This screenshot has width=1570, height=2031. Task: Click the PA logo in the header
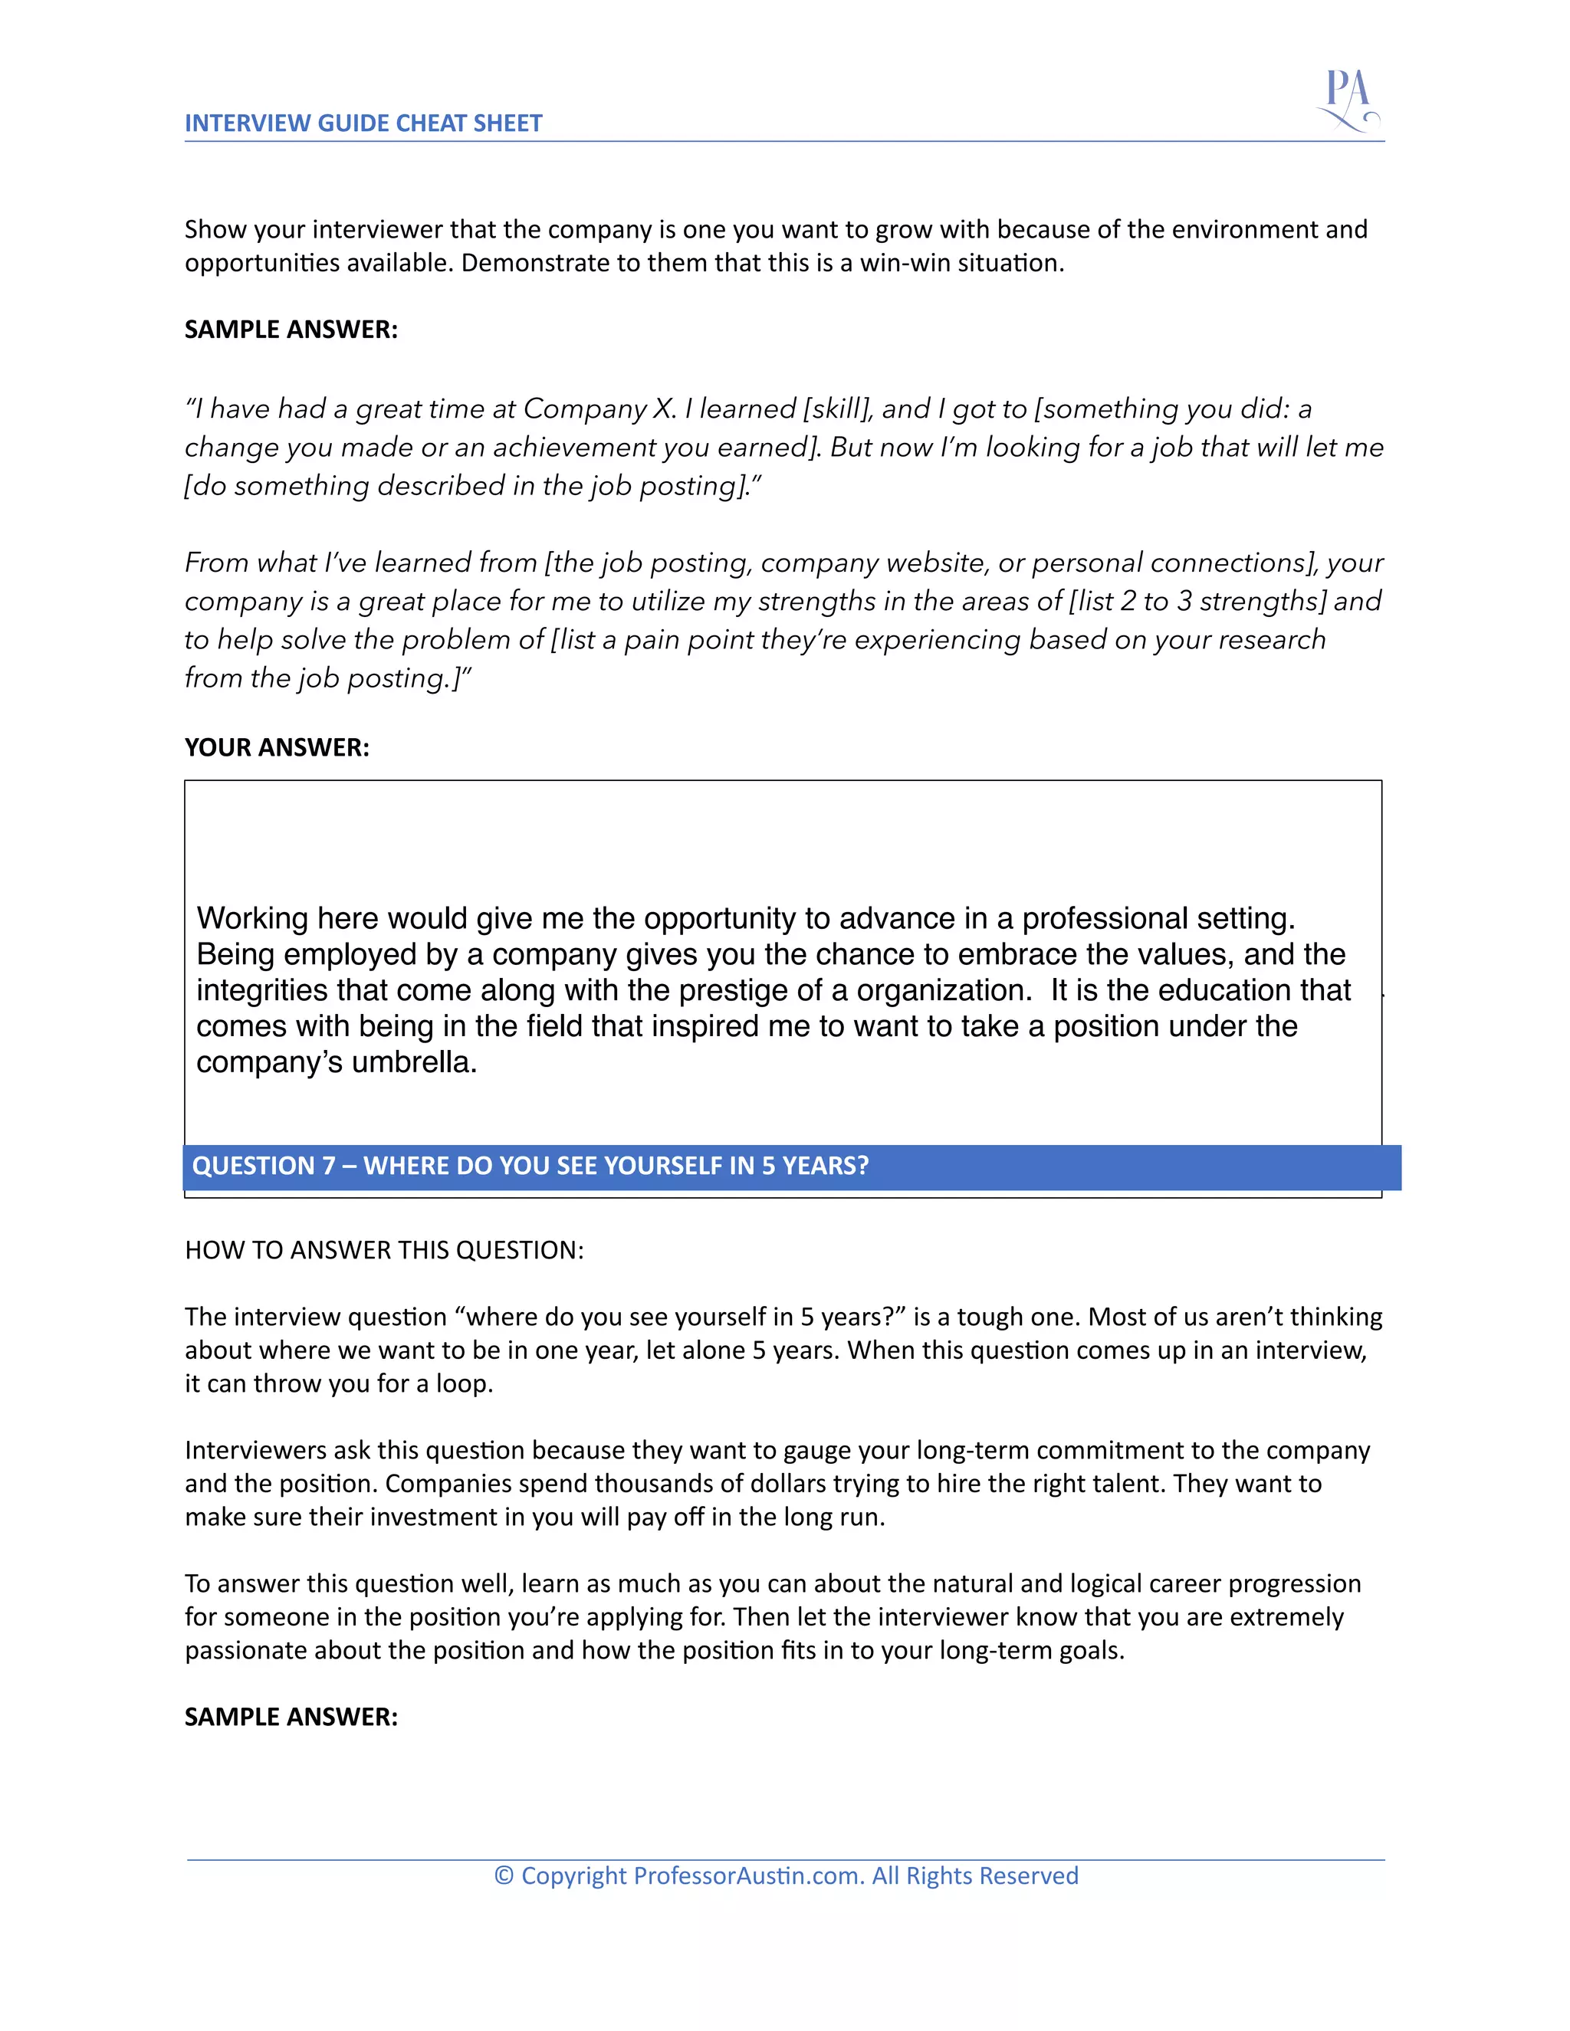[x=1348, y=100]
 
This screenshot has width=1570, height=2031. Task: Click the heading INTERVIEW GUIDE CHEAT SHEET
[x=363, y=123]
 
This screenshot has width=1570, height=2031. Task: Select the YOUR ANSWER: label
[x=276, y=748]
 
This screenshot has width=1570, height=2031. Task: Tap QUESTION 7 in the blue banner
[x=263, y=1166]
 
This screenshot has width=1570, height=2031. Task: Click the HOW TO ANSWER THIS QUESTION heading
[x=384, y=1250]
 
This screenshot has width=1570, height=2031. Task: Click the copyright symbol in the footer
[x=503, y=1875]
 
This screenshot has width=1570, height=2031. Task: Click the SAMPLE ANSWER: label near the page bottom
[x=291, y=1717]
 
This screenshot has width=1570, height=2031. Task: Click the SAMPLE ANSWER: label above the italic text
[x=291, y=330]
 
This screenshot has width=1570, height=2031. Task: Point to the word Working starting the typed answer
[x=252, y=919]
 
